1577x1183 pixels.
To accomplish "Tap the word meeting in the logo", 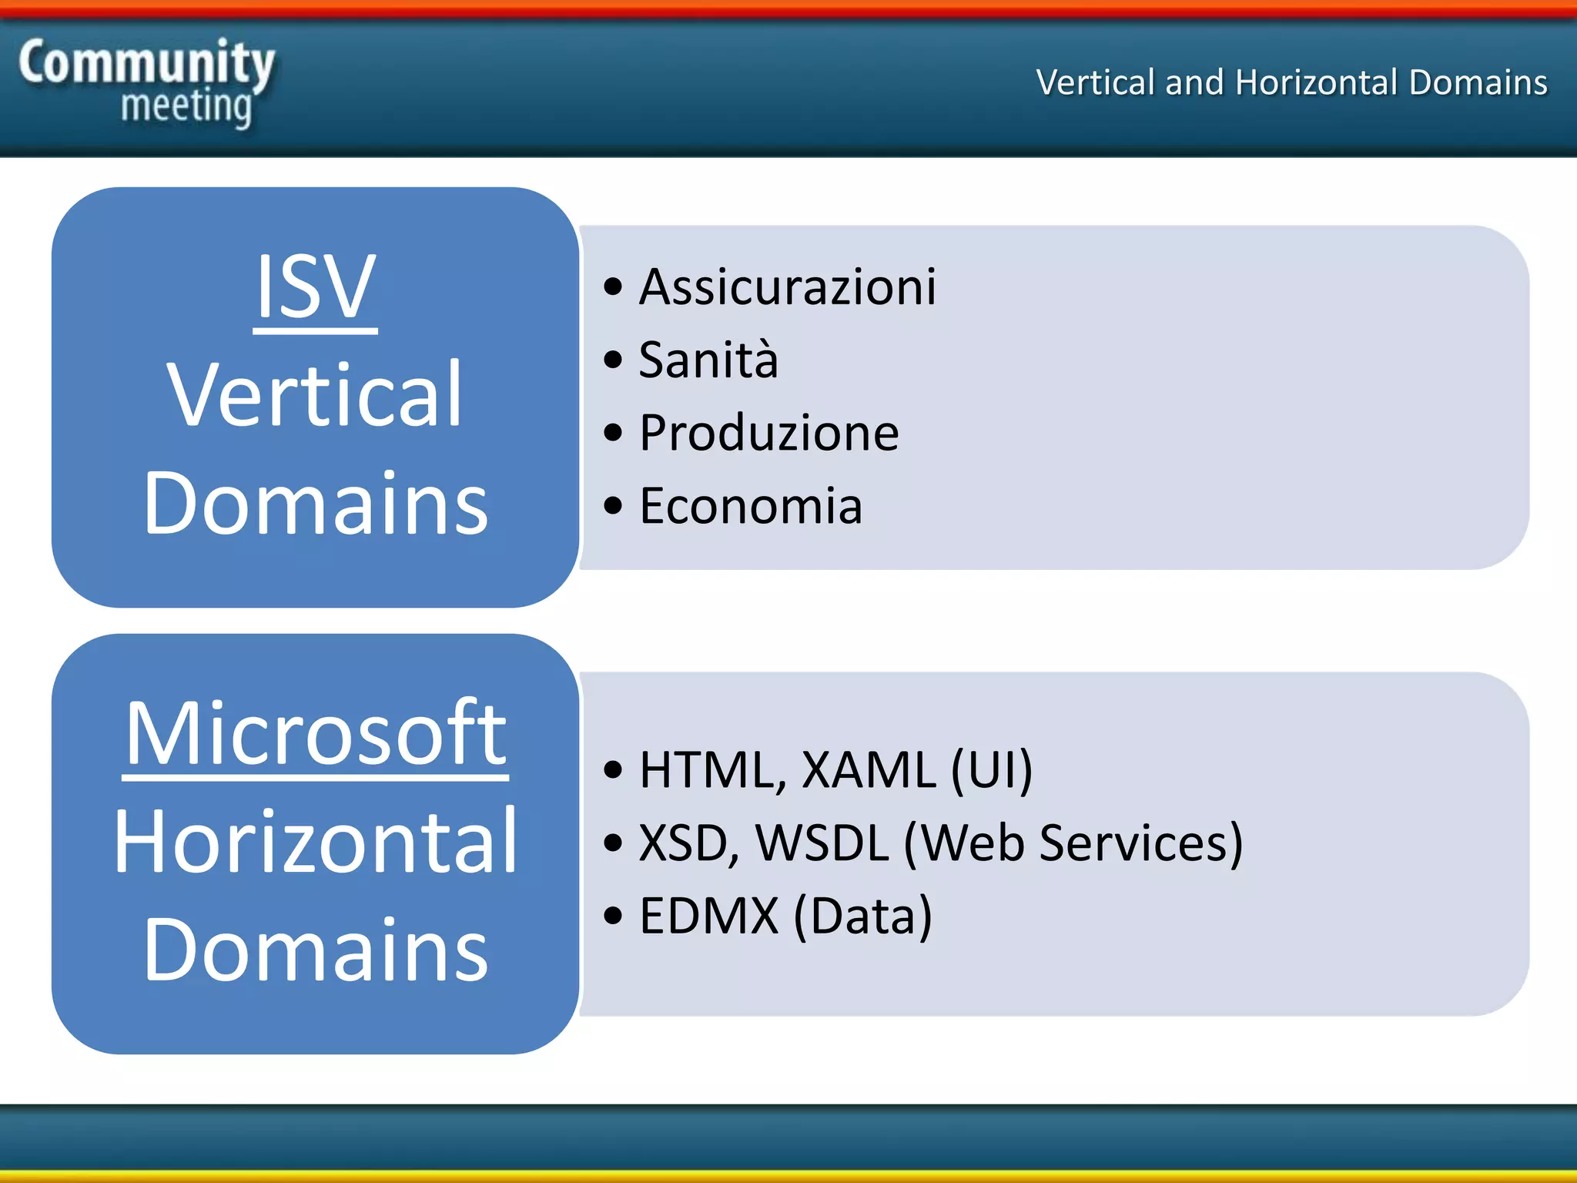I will click(186, 106).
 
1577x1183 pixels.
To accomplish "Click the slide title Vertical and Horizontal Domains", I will click(1291, 82).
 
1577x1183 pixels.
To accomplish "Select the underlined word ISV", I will click(315, 287).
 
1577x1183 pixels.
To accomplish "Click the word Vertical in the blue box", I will click(315, 395).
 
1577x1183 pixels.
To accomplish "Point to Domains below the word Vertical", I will click(315, 504).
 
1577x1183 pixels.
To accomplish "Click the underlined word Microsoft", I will click(315, 734).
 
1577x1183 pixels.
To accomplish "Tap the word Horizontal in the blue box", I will click(315, 842).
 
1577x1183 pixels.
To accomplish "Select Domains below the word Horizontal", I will click(315, 950).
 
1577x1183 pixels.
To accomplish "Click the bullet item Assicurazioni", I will click(787, 287).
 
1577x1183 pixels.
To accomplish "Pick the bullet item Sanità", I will click(708, 360).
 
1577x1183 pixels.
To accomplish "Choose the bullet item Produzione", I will click(768, 433).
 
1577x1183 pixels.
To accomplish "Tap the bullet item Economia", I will click(751, 506).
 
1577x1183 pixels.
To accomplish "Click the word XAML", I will click(869, 769).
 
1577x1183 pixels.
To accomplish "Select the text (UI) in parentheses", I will click(992, 769).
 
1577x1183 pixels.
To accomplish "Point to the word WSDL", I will click(822, 843).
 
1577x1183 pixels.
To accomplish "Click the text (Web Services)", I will click(1073, 843).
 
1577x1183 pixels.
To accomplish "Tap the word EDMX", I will click(708, 916).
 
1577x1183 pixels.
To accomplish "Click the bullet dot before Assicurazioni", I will click(613, 287).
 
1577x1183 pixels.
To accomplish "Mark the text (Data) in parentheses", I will click(863, 916).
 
